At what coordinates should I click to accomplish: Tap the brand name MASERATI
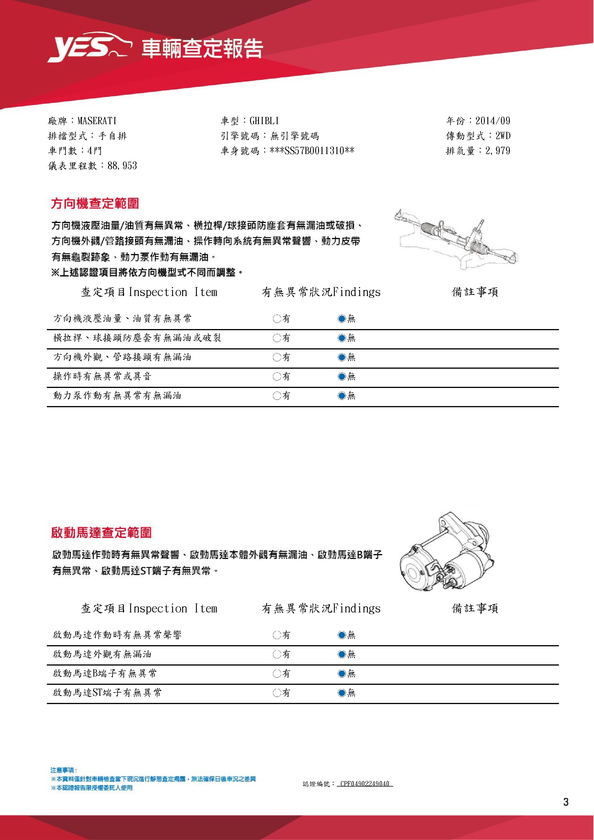point(97,121)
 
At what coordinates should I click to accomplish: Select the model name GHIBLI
point(264,121)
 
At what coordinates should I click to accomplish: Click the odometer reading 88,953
point(122,166)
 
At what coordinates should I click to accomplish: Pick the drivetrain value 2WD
point(503,136)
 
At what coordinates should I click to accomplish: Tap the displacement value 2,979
point(497,151)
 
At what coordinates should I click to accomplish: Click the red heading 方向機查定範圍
point(95,203)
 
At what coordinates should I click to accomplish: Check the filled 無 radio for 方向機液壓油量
point(342,319)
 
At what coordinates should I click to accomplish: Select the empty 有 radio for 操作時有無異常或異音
point(277,376)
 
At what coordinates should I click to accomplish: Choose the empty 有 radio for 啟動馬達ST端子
point(277,693)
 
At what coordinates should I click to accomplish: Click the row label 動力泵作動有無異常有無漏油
point(117,395)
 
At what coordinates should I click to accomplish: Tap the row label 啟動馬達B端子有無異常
point(105,673)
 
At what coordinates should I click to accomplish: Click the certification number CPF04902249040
point(364,784)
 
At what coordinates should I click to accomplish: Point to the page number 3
point(566,802)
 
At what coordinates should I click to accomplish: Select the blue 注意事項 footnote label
point(64,770)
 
